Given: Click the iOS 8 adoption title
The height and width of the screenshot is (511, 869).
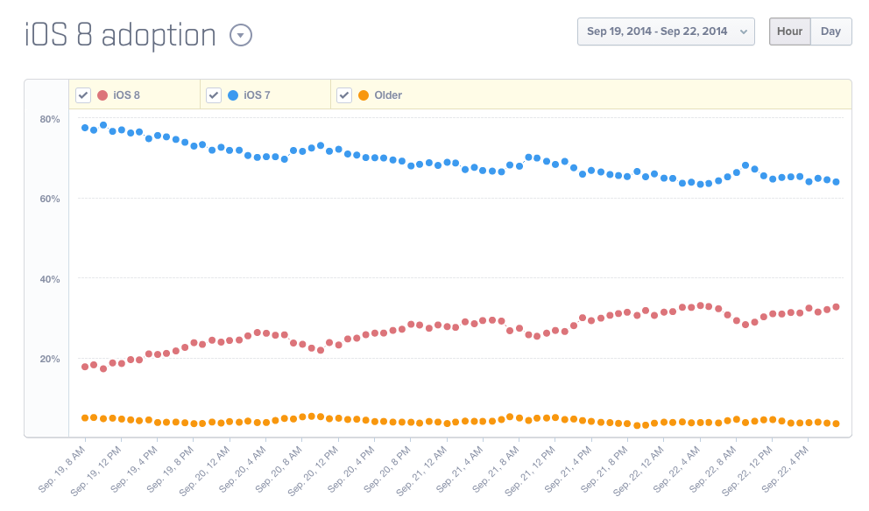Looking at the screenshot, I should coord(120,35).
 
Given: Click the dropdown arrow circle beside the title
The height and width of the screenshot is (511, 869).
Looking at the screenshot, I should coord(240,35).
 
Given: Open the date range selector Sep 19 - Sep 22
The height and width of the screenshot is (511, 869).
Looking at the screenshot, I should coord(666,31).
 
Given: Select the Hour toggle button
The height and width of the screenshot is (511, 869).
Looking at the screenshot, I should coord(789,31).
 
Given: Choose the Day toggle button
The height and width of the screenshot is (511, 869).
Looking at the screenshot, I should coord(830,31).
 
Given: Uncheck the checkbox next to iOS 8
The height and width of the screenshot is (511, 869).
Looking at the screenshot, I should coord(83,94).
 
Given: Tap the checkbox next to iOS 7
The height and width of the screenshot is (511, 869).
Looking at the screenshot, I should coord(214,94).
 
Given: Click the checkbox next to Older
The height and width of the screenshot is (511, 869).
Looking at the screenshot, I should coord(344,94).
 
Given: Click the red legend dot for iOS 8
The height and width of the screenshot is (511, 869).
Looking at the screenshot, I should coord(102,94).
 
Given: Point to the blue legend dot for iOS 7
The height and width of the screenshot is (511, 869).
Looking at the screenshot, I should coord(233,94).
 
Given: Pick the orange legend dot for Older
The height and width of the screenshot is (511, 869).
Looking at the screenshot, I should coord(364,94).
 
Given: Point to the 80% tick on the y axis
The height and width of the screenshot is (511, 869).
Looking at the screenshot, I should coord(49,119).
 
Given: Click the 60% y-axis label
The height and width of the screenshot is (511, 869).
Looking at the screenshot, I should coord(49,199).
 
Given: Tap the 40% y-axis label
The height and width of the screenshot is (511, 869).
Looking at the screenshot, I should coord(49,279).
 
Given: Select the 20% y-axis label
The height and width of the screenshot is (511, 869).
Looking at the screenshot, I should coord(49,359).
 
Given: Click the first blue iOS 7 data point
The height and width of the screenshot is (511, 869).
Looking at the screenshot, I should coord(85,128).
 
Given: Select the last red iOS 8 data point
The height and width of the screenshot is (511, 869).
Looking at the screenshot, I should coord(836,306).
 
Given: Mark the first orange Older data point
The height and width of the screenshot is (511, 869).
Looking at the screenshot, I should coord(85,418).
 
